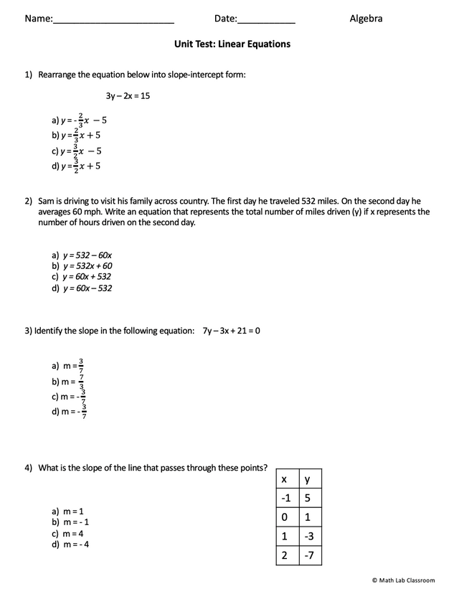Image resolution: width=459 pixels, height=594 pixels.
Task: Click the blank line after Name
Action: [113, 20]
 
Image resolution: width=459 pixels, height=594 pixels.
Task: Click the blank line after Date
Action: [266, 20]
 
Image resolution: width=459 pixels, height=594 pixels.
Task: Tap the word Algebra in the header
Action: [366, 19]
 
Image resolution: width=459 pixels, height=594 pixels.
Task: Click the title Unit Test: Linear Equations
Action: [232, 44]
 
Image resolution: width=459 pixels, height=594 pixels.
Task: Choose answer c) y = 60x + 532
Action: [81, 276]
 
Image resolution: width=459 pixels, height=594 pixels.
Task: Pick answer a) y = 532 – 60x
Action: [81, 255]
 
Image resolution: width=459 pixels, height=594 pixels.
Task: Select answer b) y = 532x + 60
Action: [81, 265]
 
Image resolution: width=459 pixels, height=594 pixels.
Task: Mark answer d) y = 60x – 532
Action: [81, 288]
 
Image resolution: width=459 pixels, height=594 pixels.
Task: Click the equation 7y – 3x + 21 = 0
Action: [231, 331]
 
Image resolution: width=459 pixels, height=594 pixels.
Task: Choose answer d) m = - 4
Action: [70, 544]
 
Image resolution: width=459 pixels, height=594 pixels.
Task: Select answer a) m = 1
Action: [67, 511]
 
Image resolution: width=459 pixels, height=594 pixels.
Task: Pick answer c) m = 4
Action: [67, 533]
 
